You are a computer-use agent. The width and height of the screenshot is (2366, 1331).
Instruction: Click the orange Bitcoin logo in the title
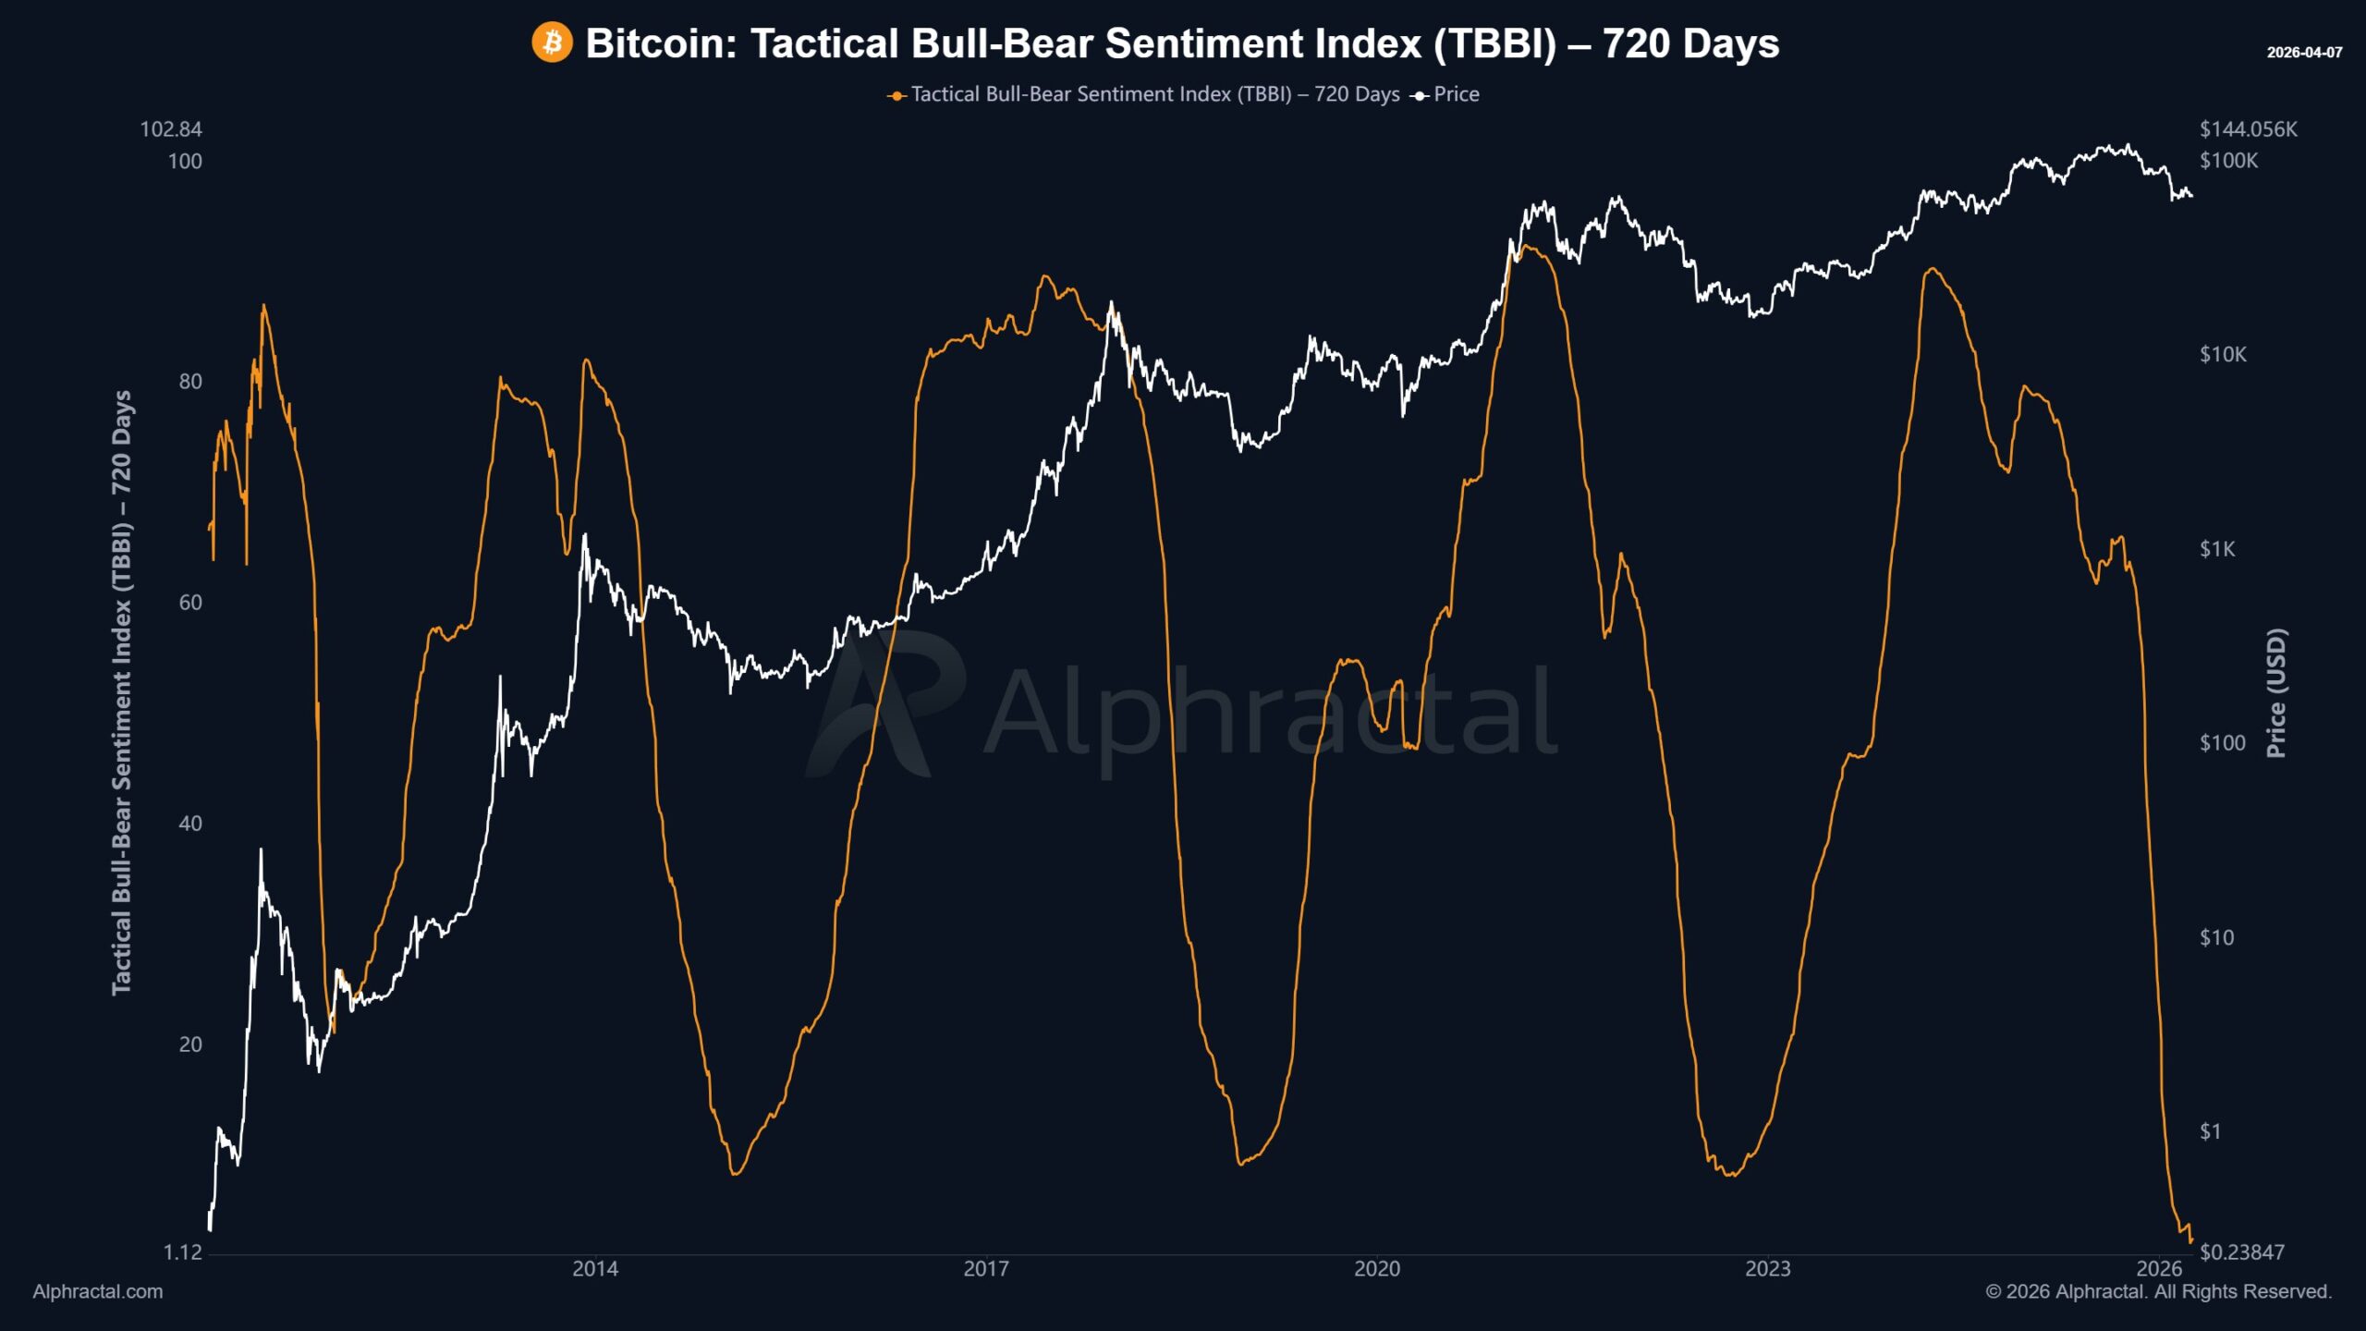pyautogui.click(x=552, y=43)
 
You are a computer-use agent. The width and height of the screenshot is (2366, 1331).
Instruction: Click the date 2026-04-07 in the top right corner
pyautogui.click(x=2304, y=53)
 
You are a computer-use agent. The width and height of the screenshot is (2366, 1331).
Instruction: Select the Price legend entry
pyautogui.click(x=1455, y=94)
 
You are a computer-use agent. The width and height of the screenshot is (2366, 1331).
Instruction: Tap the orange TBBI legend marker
pyautogui.click(x=896, y=95)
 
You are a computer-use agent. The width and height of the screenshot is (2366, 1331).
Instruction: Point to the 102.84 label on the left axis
pyautogui.click(x=171, y=129)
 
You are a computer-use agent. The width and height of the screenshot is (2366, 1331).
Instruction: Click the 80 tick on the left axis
pyautogui.click(x=189, y=382)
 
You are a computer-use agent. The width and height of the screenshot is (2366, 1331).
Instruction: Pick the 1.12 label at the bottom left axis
pyautogui.click(x=182, y=1252)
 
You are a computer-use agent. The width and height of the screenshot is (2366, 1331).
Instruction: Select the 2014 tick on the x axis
pyautogui.click(x=595, y=1269)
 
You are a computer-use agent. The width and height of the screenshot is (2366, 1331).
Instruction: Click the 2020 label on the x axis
pyautogui.click(x=1377, y=1269)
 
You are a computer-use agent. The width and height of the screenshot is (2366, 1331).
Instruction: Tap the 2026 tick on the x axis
pyautogui.click(x=2159, y=1269)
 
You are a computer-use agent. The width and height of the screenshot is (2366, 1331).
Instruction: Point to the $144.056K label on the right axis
pyautogui.click(x=2248, y=129)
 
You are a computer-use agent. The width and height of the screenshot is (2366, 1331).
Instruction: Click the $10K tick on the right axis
pyautogui.click(x=2223, y=355)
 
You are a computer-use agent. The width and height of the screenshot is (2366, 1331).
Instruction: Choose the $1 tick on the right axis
pyautogui.click(x=2210, y=1132)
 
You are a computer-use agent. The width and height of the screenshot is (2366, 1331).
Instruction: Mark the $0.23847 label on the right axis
pyautogui.click(x=2241, y=1252)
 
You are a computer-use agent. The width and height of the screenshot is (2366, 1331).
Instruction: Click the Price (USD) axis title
pyautogui.click(x=2276, y=693)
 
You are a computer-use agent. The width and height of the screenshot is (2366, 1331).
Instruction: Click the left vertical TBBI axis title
pyautogui.click(x=122, y=693)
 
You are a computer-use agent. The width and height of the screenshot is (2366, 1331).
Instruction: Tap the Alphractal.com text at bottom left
pyautogui.click(x=97, y=1292)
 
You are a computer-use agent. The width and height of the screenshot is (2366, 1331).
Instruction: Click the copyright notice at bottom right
pyautogui.click(x=2158, y=1292)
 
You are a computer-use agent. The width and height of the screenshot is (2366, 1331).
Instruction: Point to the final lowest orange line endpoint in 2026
pyautogui.click(x=2190, y=1241)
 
